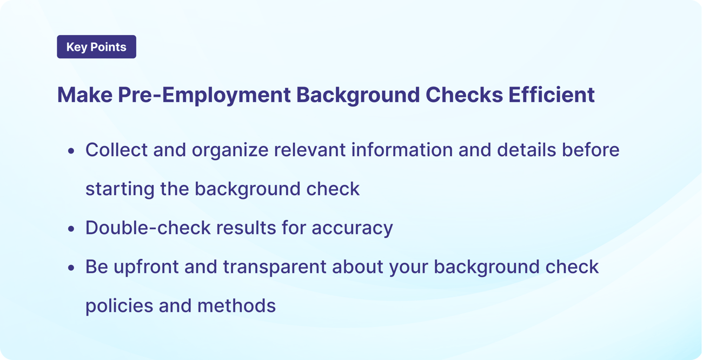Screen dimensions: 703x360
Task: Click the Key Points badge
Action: [96, 46]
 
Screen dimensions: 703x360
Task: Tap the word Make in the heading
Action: [85, 95]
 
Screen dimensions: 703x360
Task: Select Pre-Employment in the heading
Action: [204, 95]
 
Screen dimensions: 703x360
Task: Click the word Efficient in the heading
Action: [552, 95]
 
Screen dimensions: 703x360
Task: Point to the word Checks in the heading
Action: [464, 95]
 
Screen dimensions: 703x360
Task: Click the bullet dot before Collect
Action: [71, 151]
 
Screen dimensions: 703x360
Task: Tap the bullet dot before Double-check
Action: [71, 229]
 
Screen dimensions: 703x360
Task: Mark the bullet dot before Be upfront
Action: [71, 268]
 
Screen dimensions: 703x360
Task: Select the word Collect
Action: [116, 150]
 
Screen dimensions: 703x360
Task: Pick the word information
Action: [402, 150]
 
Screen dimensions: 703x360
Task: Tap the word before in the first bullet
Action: [591, 150]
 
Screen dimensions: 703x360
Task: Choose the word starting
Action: [120, 190]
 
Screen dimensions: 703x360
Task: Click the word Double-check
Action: [148, 228]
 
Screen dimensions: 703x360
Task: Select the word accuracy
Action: [352, 229]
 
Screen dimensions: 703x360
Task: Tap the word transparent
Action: [275, 268]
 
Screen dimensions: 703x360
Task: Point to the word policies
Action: [120, 306]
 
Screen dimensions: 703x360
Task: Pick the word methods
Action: [236, 305]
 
